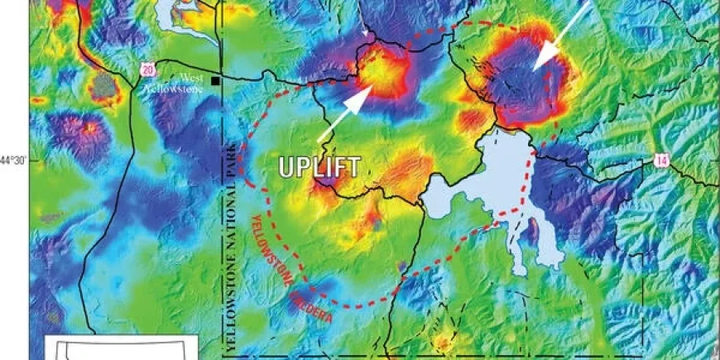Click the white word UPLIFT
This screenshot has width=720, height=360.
319,166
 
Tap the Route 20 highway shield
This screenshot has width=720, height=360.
146,70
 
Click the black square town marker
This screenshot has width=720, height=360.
215,81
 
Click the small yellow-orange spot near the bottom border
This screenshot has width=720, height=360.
444,340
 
